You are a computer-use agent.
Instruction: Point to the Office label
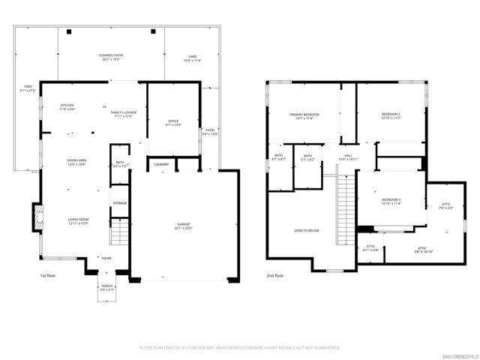173,122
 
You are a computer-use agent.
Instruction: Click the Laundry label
161,164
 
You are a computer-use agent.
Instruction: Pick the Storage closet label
120,203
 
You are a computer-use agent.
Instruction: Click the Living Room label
79,221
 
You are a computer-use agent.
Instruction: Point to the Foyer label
106,259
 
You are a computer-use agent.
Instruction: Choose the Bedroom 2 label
391,115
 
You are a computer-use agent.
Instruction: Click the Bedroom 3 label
391,201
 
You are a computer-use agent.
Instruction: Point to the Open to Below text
307,230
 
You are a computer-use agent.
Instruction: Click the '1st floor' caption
49,276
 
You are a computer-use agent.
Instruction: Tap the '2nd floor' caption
274,276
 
